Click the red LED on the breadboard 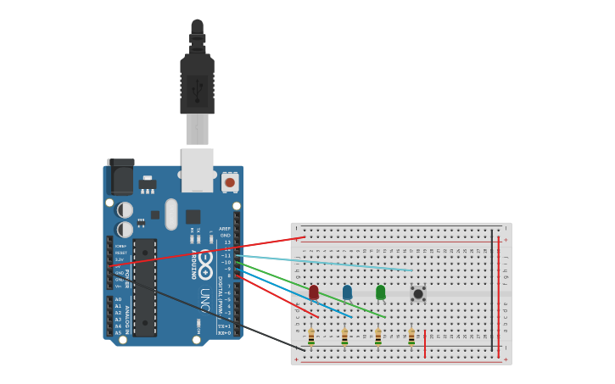314,292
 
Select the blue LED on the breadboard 347,292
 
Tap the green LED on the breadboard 380,292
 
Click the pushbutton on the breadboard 418,293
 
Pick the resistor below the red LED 311,337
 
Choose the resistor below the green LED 377,337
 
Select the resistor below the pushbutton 411,337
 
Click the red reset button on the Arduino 230,182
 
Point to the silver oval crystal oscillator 171,214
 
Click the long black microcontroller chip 144,287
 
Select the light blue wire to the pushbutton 322,263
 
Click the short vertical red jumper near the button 425,343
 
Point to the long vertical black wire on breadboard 491,288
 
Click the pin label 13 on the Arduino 226,242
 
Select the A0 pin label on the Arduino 118,299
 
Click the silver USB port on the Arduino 198,170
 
